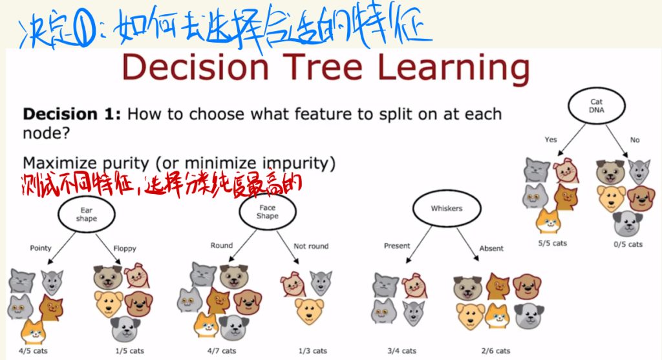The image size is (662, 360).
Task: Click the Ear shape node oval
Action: pyautogui.click(x=58, y=215)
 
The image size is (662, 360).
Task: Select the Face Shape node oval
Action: pyautogui.click(x=240, y=211)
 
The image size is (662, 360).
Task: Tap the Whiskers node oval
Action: pyautogui.click(x=413, y=209)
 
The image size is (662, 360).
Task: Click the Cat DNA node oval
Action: pyautogui.click(x=569, y=105)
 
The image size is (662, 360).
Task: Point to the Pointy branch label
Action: pyautogui.click(x=41, y=248)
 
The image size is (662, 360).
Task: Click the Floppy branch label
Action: pyautogui.click(x=125, y=249)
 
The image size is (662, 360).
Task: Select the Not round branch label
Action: pyautogui.click(x=311, y=246)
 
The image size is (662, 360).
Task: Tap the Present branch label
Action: pyautogui.click(x=397, y=246)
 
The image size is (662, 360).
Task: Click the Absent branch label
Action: pyautogui.click(x=491, y=249)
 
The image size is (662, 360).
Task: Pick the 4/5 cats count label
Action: pyautogui.click(x=33, y=351)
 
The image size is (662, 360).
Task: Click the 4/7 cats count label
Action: pyautogui.click(x=222, y=351)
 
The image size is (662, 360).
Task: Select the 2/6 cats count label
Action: pyautogui.click(x=496, y=351)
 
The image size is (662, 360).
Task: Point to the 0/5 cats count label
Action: pyautogui.click(x=628, y=244)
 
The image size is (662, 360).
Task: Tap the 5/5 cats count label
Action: pyautogui.click(x=552, y=243)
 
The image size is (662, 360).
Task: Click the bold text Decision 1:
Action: pyautogui.click(x=72, y=114)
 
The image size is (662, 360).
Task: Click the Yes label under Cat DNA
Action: pyautogui.click(x=551, y=140)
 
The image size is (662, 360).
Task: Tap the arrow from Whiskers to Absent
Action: pyautogui.click(x=467, y=244)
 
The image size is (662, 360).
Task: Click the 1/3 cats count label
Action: pyautogui.click(x=312, y=351)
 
